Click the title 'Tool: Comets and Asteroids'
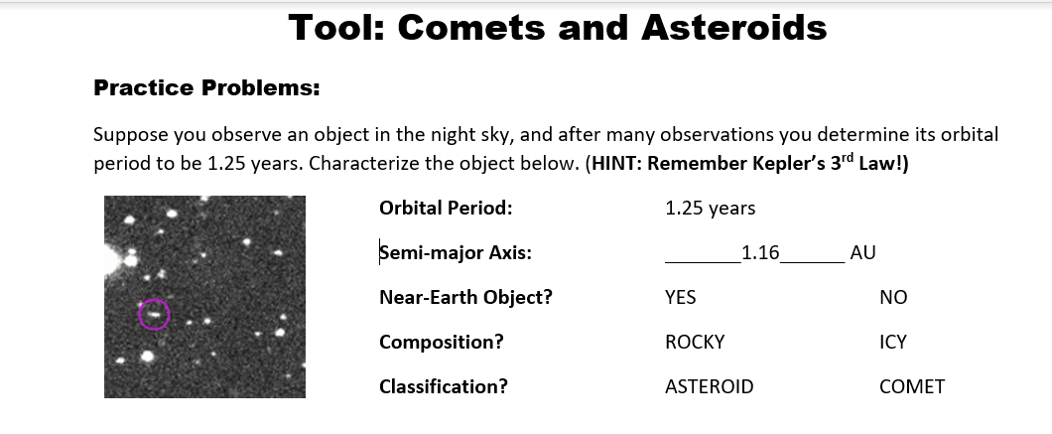click(557, 28)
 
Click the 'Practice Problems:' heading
click(206, 87)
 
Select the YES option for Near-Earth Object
click(680, 298)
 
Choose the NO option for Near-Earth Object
click(892, 298)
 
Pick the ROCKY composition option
click(695, 343)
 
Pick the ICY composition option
click(892, 343)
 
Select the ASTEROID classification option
click(709, 387)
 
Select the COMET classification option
click(911, 387)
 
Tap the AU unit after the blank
click(862, 253)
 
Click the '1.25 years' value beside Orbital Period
click(710, 209)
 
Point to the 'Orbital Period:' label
click(446, 209)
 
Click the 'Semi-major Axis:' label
click(455, 253)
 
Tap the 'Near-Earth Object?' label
click(465, 298)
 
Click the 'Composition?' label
click(441, 343)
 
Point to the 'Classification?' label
click(443, 387)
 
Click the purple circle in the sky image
click(154, 314)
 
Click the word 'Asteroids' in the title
click(733, 28)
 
